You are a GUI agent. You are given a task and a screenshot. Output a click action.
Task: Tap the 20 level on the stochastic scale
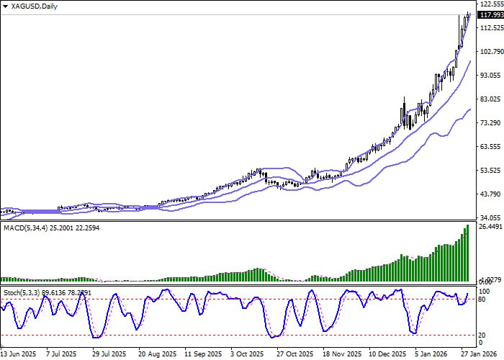tap(482, 335)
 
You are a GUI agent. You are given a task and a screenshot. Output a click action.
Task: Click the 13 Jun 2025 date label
tap(18, 354)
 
